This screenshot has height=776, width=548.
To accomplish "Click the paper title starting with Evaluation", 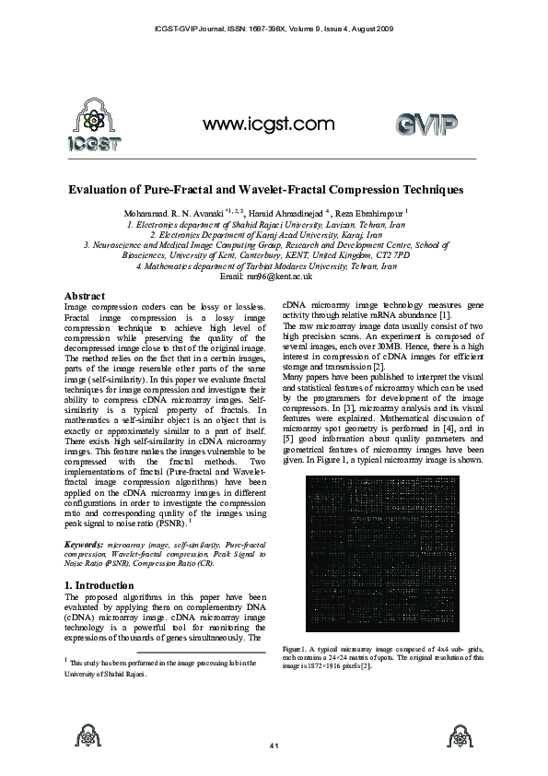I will (x=266, y=189).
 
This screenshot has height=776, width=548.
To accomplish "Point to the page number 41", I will (x=274, y=744).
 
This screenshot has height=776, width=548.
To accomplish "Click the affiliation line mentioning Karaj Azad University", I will (x=266, y=234).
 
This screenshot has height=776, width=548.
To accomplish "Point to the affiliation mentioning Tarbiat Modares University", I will (x=266, y=265).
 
